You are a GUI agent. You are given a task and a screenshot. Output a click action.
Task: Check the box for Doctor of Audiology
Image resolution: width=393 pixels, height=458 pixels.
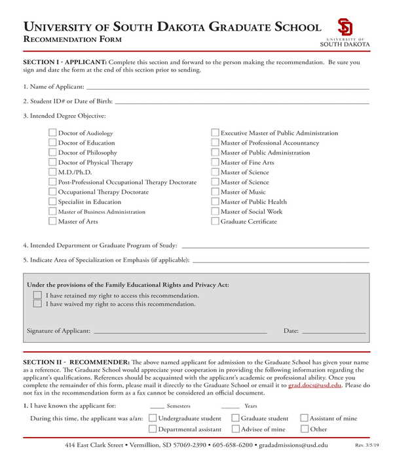(x=52, y=133)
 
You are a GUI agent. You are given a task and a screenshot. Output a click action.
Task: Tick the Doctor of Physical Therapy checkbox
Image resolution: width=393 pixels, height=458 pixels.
(x=52, y=162)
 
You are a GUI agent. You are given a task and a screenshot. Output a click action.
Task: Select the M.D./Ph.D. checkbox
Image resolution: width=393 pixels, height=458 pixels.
(x=52, y=172)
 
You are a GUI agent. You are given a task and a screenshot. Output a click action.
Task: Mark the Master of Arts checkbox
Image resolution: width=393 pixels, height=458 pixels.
(x=52, y=221)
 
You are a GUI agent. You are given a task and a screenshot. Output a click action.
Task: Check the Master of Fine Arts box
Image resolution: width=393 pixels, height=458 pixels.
(x=215, y=162)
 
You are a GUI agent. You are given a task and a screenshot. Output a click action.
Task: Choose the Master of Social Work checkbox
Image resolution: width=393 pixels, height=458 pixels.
(x=215, y=211)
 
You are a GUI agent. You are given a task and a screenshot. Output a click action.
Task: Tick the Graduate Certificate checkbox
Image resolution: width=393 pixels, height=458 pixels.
(x=215, y=221)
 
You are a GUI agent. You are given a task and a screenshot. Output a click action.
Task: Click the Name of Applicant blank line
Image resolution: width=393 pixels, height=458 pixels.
(x=227, y=87)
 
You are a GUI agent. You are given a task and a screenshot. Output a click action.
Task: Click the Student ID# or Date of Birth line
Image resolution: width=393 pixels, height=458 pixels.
(x=242, y=101)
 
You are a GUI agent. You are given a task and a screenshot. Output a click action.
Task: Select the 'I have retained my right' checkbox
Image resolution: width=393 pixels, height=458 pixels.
(x=37, y=295)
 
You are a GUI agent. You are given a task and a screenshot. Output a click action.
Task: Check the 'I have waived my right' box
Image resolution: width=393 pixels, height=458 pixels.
(x=37, y=304)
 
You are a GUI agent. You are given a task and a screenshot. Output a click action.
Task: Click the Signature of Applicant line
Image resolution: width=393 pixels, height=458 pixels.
(x=180, y=331)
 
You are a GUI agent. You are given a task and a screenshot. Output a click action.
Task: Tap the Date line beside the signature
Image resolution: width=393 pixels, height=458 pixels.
(x=333, y=331)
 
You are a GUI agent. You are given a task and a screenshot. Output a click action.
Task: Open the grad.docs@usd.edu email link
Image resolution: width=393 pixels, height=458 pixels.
(x=315, y=386)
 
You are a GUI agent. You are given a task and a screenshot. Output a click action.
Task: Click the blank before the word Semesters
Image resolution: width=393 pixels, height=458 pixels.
(x=157, y=406)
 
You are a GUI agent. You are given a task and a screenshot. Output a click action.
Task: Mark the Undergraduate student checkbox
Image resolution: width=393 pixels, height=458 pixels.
(x=153, y=418)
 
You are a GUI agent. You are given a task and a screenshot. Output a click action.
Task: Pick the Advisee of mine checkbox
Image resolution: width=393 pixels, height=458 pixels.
(x=235, y=429)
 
